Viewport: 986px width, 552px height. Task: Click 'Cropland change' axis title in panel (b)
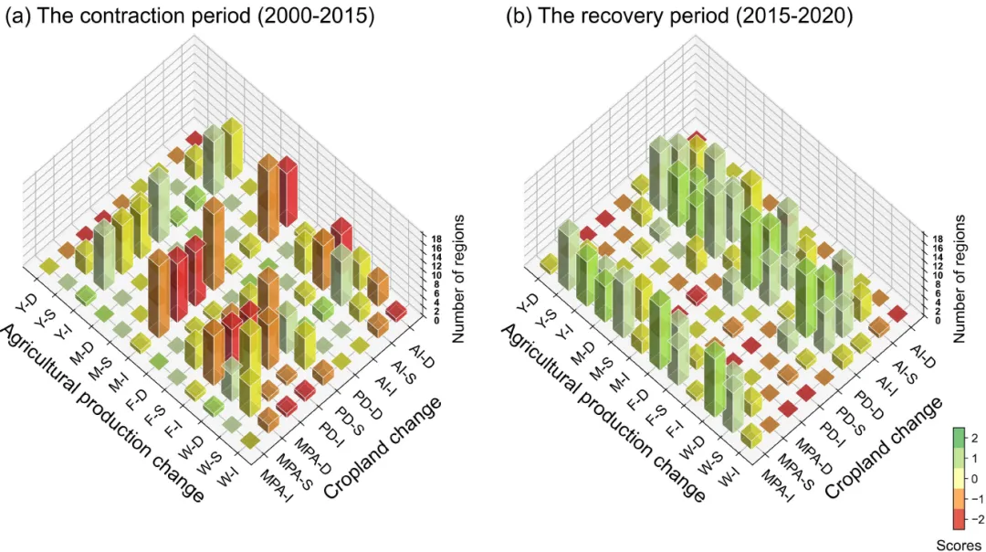coord(883,447)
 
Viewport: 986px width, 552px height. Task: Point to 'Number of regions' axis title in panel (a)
coord(459,279)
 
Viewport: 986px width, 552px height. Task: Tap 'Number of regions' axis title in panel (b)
coord(960,279)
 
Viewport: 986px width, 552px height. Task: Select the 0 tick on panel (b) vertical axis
coord(934,321)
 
